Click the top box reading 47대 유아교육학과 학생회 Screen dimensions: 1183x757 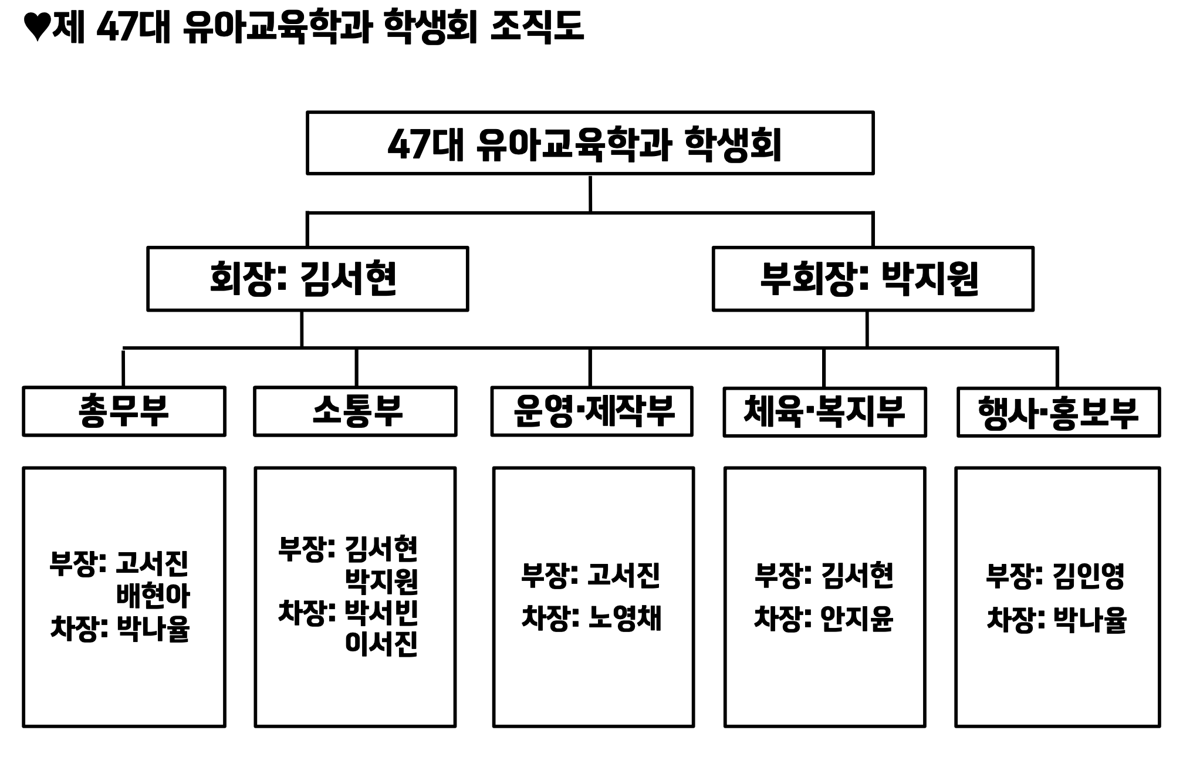[590, 143]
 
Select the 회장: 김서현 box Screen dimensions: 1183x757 [307, 279]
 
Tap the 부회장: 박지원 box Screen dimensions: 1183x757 [873, 279]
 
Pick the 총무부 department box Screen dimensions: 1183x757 [124, 411]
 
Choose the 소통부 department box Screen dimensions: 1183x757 [355, 411]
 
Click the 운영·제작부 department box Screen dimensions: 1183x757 [591, 411]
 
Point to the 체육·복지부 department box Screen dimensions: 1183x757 [824, 412]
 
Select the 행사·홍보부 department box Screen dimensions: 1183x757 [1058, 412]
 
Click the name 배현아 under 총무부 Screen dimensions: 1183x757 [153, 596]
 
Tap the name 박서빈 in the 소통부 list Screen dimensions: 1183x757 [381, 613]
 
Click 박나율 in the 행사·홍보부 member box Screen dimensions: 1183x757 [1090, 620]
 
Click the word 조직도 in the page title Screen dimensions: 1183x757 [536, 27]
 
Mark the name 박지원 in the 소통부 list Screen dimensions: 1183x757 [381, 581]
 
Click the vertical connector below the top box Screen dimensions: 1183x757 [590, 194]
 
